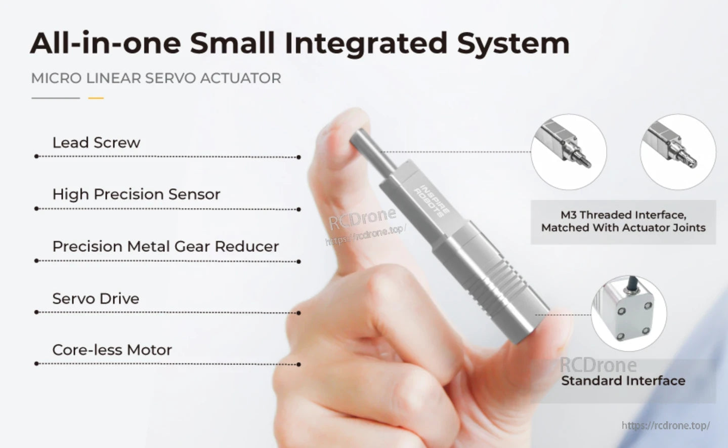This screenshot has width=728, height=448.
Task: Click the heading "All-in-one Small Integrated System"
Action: pos(299,44)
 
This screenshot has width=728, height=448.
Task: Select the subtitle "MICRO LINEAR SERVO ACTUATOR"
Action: pos(156,78)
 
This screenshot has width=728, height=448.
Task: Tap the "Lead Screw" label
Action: pos(96,143)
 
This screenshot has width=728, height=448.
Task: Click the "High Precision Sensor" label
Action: pos(136,194)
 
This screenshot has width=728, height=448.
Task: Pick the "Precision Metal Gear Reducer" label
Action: pos(165,247)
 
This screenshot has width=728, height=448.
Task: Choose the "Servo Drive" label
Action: pos(96,299)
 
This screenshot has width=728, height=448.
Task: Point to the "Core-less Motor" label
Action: pos(112,350)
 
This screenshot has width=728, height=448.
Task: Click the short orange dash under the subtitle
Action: pos(96,98)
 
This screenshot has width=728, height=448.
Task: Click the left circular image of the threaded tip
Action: pos(568,152)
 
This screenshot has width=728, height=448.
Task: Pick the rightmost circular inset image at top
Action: pos(677,152)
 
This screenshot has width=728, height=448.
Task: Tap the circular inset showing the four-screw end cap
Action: pos(628,313)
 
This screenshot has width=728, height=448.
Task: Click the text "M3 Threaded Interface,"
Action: pos(623,215)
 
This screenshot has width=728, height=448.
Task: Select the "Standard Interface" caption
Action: pos(623,381)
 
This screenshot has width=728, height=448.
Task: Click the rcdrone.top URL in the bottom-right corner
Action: pos(665,426)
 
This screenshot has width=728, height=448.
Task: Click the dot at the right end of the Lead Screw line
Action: pos(298,157)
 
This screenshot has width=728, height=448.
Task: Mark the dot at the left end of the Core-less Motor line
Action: pos(36,363)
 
